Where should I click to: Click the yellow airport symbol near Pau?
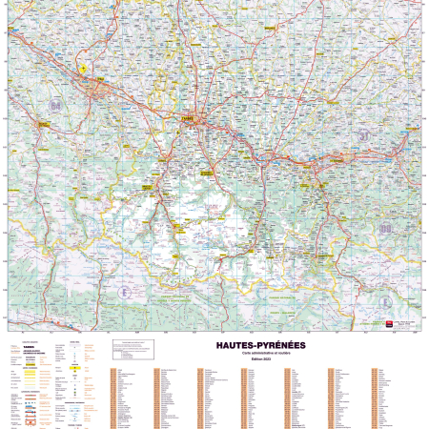(84, 69)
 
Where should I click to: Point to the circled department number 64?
(57, 105)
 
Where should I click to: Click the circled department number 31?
(364, 136)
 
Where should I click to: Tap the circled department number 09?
(384, 229)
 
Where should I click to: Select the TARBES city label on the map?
(185, 118)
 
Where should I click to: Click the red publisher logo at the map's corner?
(388, 323)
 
